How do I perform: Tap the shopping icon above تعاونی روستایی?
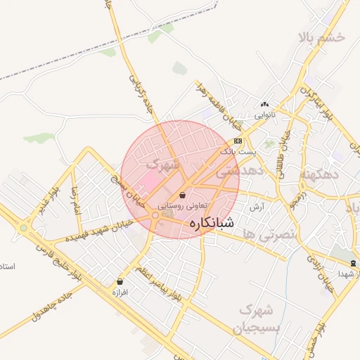pyautogui.click(x=183, y=195)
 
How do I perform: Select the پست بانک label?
pyautogui.click(x=239, y=151)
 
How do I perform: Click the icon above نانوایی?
pyautogui.click(x=265, y=103)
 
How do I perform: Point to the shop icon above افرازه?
pyautogui.click(x=120, y=282)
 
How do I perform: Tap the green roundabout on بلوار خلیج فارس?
pyautogui.click(x=24, y=227)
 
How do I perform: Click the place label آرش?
pyautogui.click(x=257, y=207)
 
